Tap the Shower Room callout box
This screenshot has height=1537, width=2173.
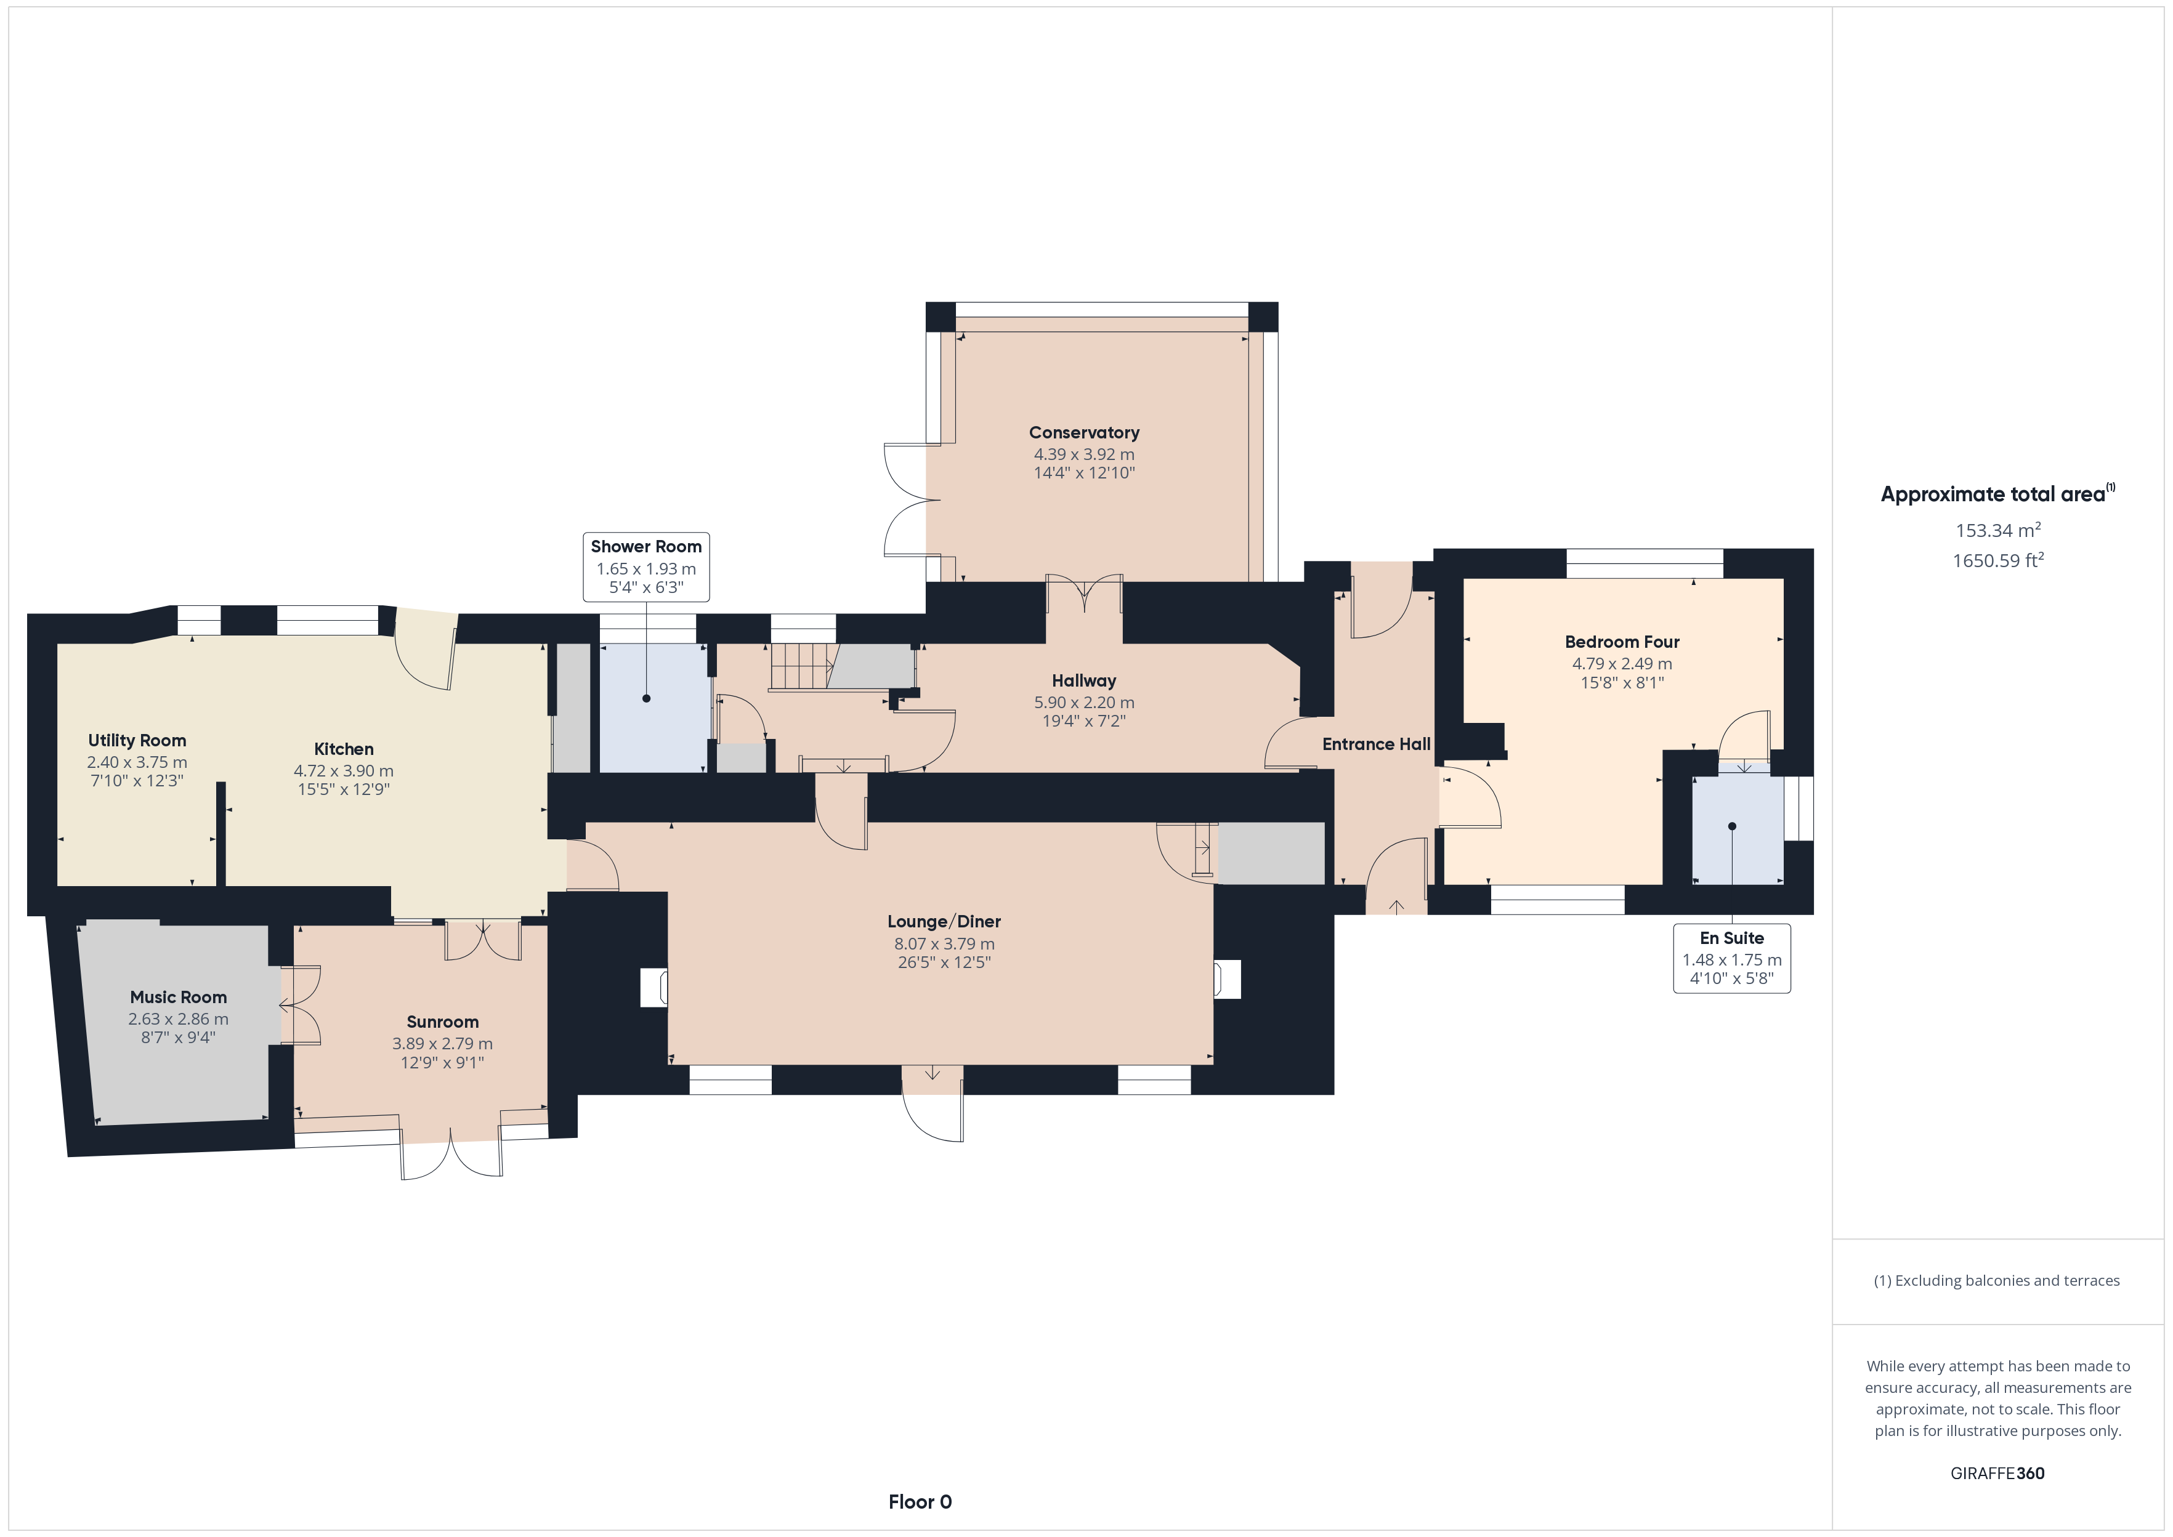pos(645,566)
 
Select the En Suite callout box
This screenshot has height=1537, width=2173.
pos(1732,958)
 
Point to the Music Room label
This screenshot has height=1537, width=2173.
pos(178,996)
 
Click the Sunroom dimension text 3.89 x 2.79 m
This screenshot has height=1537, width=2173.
pos(442,1043)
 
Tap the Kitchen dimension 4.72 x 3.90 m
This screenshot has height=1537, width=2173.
pos(344,770)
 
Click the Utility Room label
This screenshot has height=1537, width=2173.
pos(137,740)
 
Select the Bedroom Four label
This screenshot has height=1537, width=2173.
pos(1622,642)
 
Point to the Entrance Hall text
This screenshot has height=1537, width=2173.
pos(1376,744)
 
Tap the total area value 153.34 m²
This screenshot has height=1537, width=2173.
pos(1998,530)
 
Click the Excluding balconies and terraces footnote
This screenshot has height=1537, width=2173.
pos(1996,1280)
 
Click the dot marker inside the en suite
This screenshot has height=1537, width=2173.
pos(1732,826)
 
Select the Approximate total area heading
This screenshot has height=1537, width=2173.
pos(1997,493)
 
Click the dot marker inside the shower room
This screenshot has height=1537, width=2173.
pos(646,698)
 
